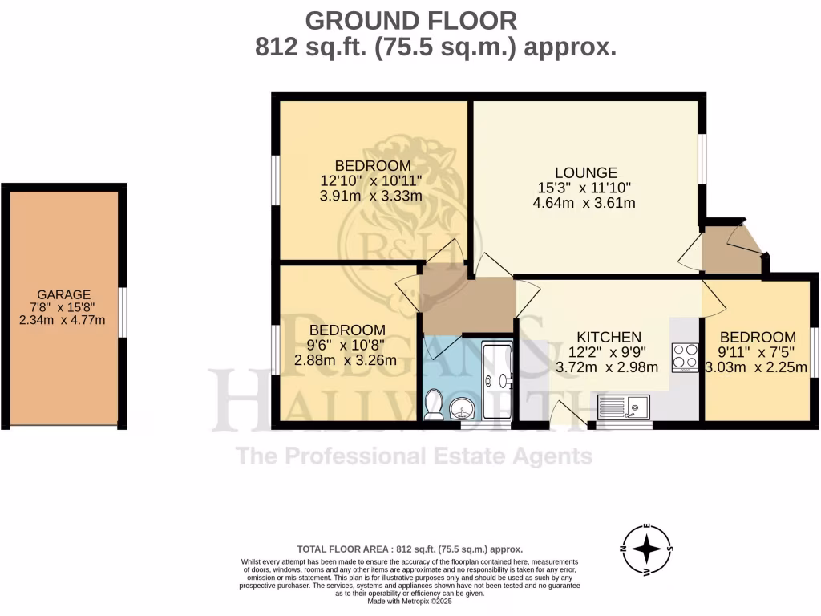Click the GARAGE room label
tap(63, 294)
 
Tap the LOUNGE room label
tap(586, 172)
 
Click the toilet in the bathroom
tap(434, 404)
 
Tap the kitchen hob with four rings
tap(685, 356)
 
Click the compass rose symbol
tap(646, 550)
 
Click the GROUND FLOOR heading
tap(411, 19)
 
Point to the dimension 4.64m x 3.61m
tap(584, 203)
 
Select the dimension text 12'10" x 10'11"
tap(371, 180)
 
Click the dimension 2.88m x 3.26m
tap(346, 360)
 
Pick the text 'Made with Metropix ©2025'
tap(410, 601)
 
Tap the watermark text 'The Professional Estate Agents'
tap(414, 456)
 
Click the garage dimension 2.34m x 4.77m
tap(63, 320)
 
